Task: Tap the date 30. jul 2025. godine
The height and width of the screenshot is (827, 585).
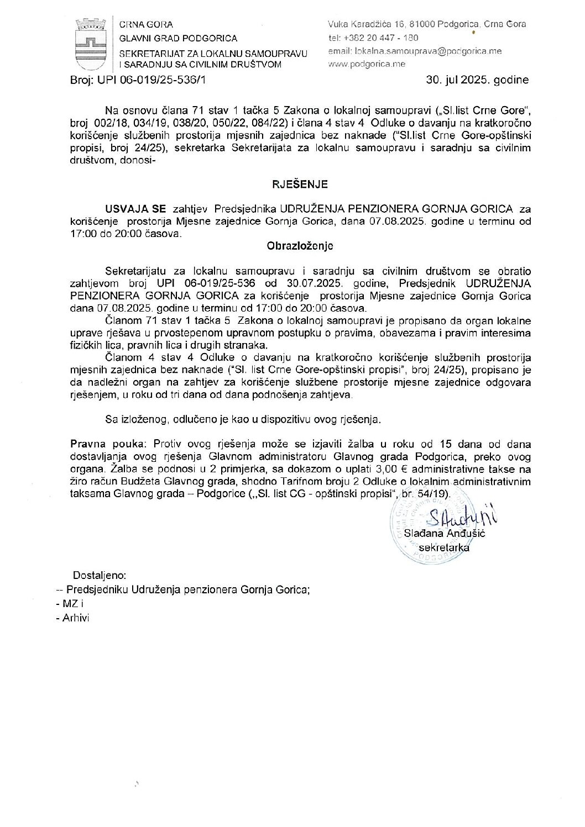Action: click(477, 80)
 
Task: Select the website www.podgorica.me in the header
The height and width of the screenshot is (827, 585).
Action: click(367, 64)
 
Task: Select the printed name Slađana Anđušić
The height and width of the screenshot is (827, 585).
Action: click(445, 534)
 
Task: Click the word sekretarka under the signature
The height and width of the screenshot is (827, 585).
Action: click(445, 547)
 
